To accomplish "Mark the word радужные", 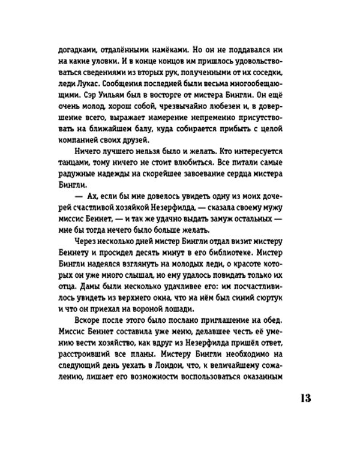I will pyautogui.click(x=77, y=173).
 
